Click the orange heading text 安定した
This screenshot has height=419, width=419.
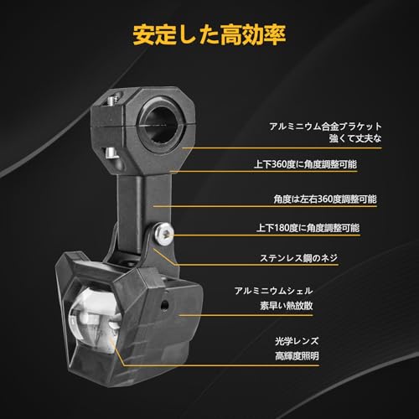pos(169,36)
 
